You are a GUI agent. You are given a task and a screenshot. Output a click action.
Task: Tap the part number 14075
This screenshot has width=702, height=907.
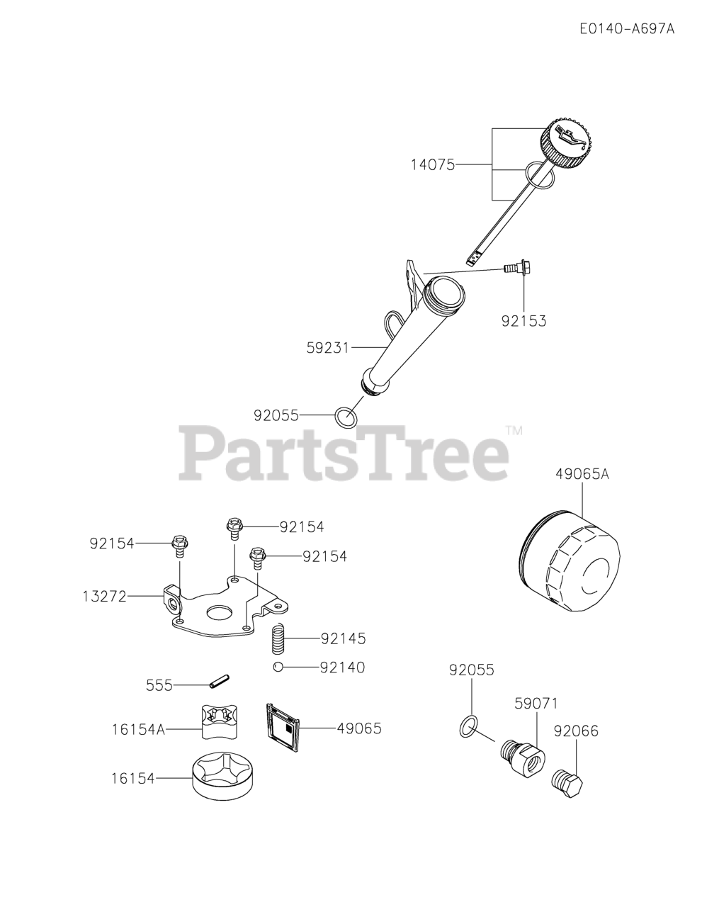(432, 165)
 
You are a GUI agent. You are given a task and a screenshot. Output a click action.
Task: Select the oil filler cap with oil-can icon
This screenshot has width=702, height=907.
(568, 146)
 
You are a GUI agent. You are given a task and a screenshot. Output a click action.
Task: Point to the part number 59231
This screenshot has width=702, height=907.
(328, 348)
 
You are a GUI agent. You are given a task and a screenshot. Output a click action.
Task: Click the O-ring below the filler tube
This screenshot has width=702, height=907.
(345, 417)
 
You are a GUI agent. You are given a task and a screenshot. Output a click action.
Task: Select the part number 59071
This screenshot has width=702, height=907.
(536, 704)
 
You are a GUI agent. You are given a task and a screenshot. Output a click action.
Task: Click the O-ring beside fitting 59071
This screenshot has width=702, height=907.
(466, 725)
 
